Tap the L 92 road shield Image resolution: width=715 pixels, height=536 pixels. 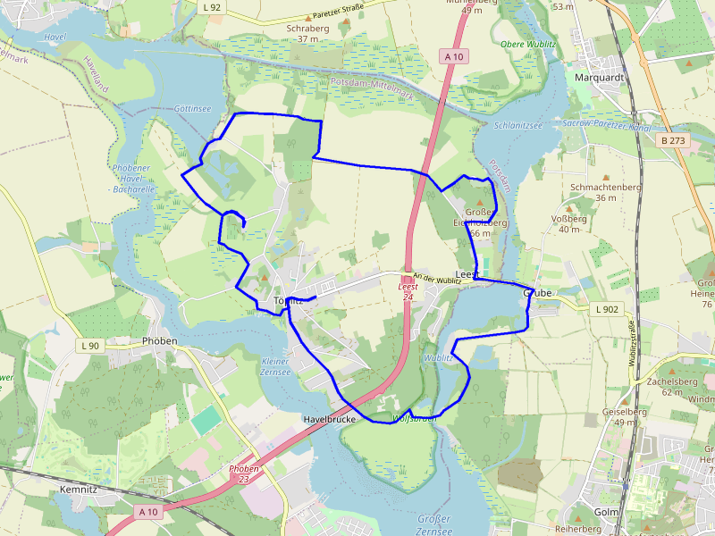coord(212,7)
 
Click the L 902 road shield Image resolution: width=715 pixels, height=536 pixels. coord(606,309)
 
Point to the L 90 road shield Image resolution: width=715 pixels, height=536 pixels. coord(90,345)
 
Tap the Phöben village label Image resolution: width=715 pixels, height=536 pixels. coord(160,341)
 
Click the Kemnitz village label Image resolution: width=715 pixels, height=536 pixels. coord(77,490)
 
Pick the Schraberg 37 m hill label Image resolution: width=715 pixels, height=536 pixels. coord(308,33)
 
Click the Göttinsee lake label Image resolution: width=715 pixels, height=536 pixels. coord(192,108)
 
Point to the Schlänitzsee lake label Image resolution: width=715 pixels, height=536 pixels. coord(518,126)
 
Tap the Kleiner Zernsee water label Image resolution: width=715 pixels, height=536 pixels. coord(275,367)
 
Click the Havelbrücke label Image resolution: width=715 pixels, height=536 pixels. coord(330,419)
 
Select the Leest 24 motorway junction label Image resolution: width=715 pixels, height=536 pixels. coord(408,291)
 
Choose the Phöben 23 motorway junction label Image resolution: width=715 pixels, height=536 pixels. coord(244,473)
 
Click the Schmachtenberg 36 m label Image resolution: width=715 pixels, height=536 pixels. coord(606,192)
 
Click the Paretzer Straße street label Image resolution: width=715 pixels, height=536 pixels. coord(337,14)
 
